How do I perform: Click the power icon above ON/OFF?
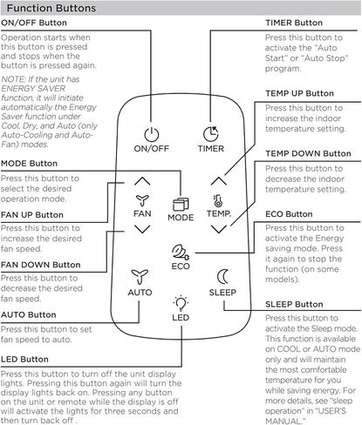(152, 134)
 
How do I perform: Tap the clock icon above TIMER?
(211, 134)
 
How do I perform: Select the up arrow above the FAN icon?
(142, 181)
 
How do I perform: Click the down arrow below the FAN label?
(142, 229)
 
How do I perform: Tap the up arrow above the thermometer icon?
(219, 181)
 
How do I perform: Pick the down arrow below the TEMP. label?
(219, 229)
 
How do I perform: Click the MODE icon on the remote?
(181, 205)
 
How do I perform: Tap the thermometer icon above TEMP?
(218, 201)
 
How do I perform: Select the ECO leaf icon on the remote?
(181, 252)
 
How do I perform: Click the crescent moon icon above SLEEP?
(222, 277)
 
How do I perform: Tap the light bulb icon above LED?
(181, 303)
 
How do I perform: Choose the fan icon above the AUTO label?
(140, 277)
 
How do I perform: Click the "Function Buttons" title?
(51, 8)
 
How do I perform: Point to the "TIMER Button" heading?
(294, 23)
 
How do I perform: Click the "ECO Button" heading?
(289, 214)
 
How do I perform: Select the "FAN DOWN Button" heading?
(41, 265)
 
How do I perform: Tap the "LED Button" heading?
(24, 360)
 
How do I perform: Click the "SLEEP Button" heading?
(294, 304)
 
